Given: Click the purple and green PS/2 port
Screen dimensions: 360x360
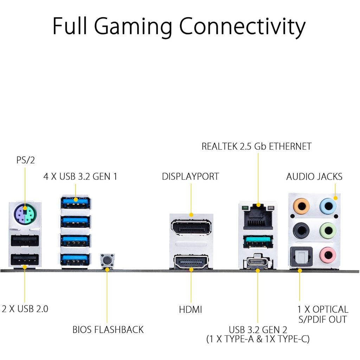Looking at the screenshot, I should coord(25,213).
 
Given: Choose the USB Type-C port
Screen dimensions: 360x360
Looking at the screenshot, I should coord(258,263).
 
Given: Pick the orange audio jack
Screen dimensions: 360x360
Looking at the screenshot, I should coord(301,206).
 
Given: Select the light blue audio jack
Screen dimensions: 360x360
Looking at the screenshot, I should coord(328,206).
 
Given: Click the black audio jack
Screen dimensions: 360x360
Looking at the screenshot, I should coord(301,231).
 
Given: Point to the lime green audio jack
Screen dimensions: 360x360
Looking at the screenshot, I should coord(328,231).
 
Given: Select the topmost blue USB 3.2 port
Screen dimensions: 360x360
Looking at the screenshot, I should coord(75,203).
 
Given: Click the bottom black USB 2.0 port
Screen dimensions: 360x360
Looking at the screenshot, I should coord(25,260).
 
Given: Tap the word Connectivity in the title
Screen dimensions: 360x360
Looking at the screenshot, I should coord(243,27).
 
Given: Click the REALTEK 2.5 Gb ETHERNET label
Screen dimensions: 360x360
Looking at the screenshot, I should coord(257,146).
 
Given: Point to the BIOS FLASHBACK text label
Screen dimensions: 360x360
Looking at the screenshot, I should coord(108,329).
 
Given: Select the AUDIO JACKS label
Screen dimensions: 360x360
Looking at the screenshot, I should coord(314,176).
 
